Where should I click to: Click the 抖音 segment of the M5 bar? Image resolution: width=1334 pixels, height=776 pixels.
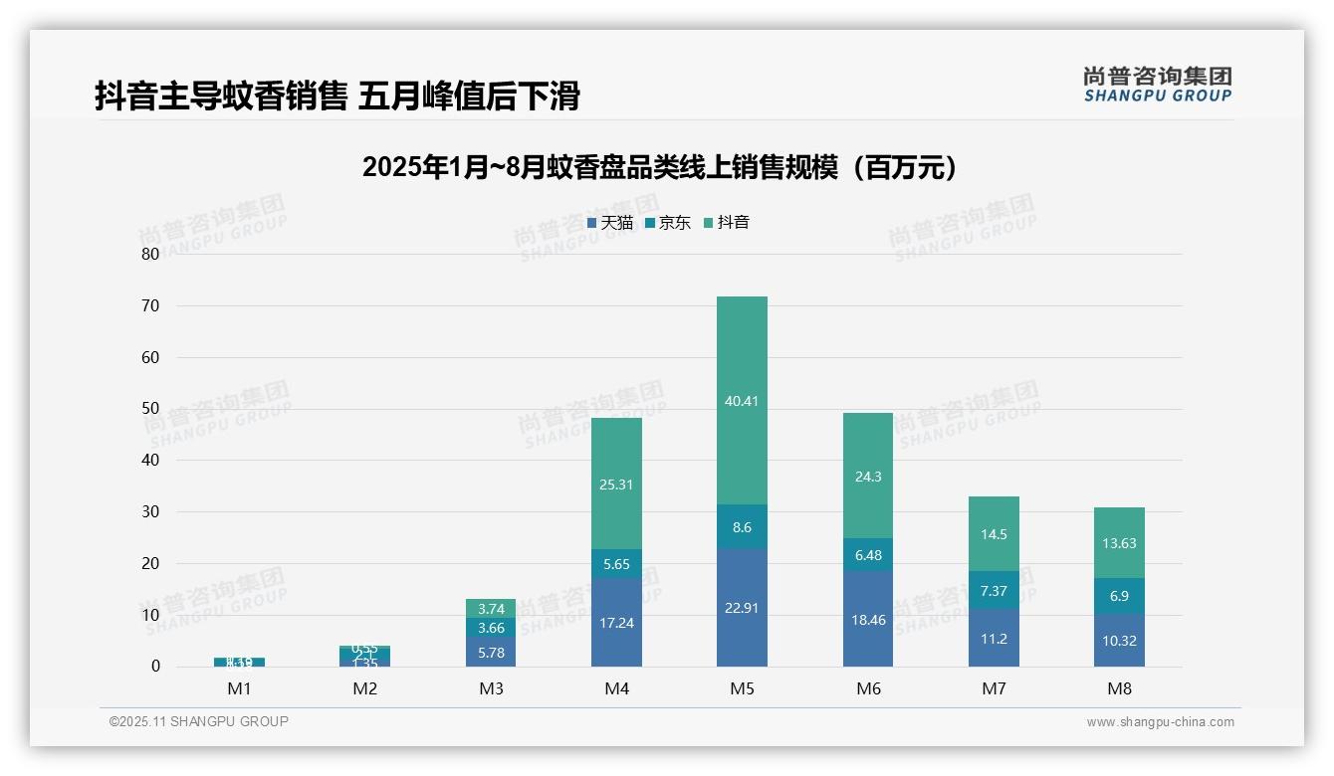[742, 400]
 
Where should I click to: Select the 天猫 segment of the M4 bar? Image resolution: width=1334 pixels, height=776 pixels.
[616, 622]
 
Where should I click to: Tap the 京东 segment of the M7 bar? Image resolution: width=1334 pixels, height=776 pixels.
[994, 590]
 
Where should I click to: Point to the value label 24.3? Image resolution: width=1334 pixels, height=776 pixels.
[868, 477]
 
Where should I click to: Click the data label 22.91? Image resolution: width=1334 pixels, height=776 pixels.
[742, 608]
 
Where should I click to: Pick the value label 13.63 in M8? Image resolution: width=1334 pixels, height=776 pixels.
[1119, 543]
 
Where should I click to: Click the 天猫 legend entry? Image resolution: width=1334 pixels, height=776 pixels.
[610, 223]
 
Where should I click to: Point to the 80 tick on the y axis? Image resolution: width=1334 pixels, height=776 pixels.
[150, 254]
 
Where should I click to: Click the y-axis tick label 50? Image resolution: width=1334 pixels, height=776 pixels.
[150, 409]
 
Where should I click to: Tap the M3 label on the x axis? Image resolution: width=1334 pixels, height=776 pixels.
[491, 688]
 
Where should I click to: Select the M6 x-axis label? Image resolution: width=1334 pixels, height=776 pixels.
[868, 688]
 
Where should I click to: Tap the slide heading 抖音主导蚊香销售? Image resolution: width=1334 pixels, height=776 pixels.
[337, 97]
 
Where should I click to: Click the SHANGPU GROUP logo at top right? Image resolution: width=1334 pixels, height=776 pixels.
[1157, 84]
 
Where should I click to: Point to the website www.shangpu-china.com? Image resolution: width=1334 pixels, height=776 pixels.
[1160, 722]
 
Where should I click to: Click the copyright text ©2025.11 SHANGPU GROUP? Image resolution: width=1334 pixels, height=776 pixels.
[199, 721]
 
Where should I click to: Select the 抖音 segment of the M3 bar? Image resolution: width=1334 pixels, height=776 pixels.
[491, 609]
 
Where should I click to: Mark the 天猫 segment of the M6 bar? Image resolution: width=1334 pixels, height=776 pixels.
[868, 619]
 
